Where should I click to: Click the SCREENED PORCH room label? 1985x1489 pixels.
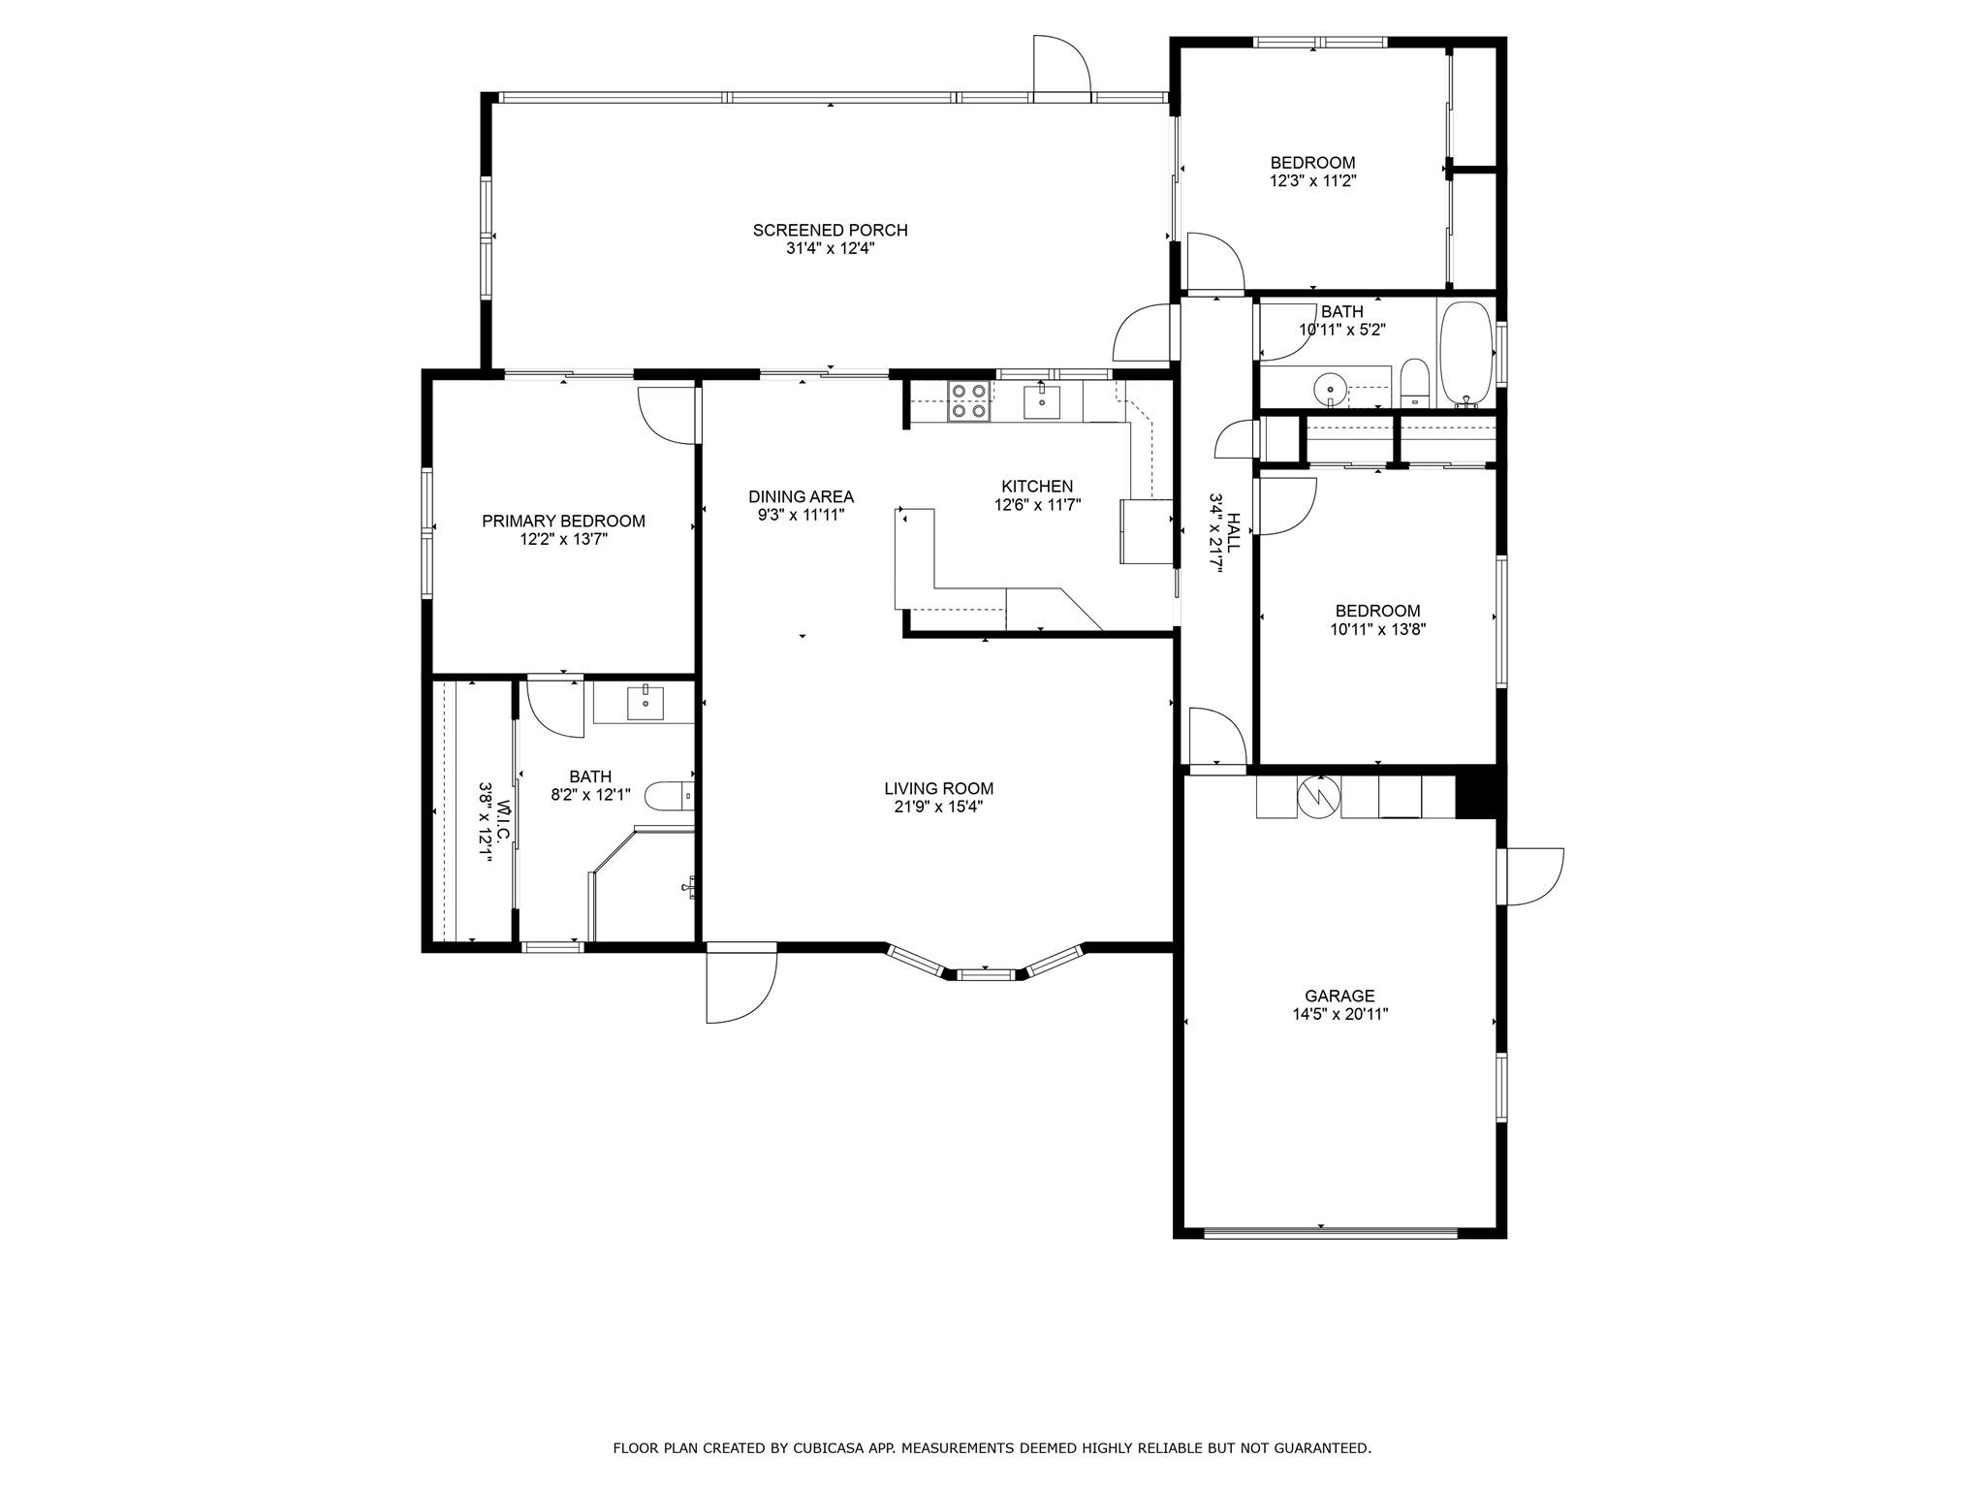[830, 230]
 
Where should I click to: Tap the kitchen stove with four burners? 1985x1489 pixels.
[969, 401]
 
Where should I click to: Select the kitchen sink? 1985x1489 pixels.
[1042, 401]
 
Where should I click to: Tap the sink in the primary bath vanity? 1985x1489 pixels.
[645, 702]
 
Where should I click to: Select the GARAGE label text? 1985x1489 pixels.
[1339, 996]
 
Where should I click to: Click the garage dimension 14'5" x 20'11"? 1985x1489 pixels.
[1339, 1015]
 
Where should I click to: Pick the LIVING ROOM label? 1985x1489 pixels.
[938, 789]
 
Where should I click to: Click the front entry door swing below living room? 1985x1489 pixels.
[741, 982]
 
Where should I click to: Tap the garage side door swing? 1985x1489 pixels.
[1529, 877]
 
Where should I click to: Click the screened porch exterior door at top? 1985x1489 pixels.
[1062, 67]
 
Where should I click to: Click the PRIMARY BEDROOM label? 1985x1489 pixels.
[563, 522]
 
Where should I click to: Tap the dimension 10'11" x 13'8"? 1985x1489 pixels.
[1377, 629]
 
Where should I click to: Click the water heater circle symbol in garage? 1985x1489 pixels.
[1318, 796]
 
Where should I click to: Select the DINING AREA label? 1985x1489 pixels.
[801, 497]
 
